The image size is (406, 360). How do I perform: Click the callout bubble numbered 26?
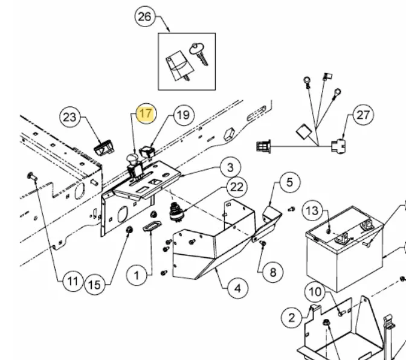click(145, 17)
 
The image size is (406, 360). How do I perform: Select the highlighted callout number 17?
click(146, 113)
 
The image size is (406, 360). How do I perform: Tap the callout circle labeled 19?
click(184, 115)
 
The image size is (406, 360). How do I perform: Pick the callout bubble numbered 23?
click(69, 117)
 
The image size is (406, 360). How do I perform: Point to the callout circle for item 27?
click(363, 115)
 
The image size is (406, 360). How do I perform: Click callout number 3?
click(230, 167)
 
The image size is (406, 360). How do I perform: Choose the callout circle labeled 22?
click(237, 187)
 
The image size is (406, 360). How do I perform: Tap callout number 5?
click(290, 182)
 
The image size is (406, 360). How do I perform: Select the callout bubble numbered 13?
click(312, 211)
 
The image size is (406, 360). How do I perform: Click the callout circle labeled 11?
click(72, 281)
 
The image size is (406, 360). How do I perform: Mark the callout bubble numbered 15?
click(94, 285)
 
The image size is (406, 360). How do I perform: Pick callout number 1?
click(137, 275)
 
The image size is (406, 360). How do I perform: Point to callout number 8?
click(273, 272)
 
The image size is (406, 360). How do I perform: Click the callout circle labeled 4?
click(237, 288)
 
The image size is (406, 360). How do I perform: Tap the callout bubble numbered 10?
click(315, 292)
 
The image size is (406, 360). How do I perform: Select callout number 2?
click(292, 318)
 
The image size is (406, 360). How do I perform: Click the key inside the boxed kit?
click(199, 54)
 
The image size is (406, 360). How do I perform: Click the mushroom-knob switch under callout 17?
click(134, 167)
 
